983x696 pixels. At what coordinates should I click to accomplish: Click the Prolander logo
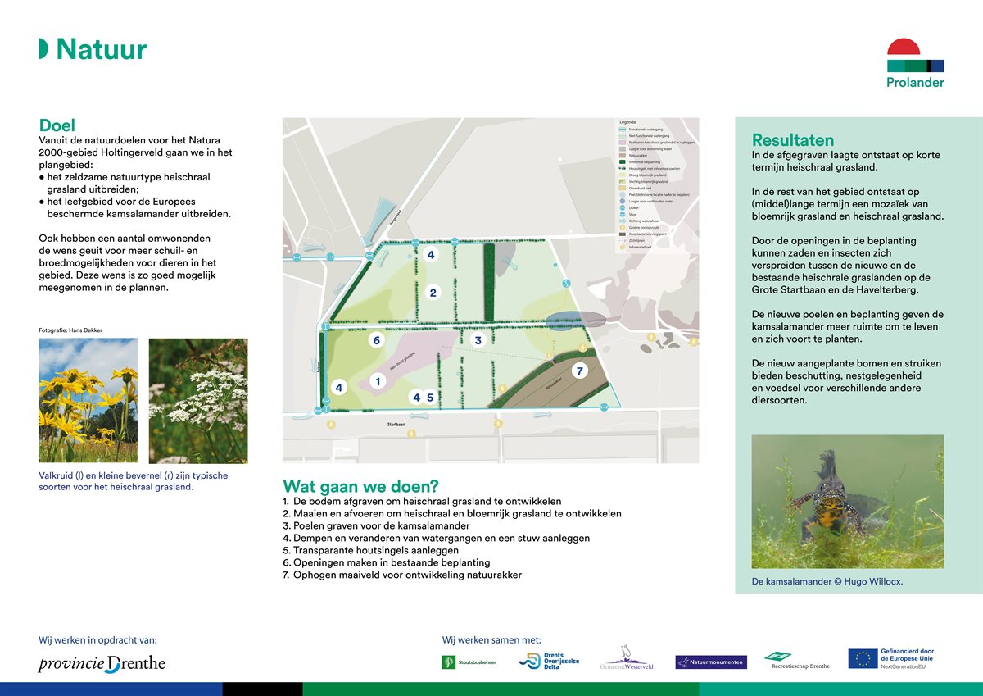click(x=915, y=63)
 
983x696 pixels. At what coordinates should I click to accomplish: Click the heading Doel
click(x=57, y=125)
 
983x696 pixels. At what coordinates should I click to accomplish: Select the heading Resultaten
click(x=793, y=140)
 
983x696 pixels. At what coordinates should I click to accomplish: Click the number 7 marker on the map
click(x=579, y=371)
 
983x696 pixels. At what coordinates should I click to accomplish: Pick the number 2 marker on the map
click(x=433, y=293)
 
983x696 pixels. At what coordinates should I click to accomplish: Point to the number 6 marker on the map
click(x=376, y=340)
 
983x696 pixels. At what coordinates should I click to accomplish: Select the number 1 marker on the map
click(x=378, y=381)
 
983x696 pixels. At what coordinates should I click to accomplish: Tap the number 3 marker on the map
click(x=478, y=340)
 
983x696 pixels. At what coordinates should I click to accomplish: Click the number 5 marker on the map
click(x=430, y=398)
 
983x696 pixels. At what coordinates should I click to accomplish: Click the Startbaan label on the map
click(x=397, y=425)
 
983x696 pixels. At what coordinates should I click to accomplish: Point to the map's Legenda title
click(x=627, y=121)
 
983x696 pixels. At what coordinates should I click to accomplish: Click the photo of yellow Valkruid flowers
click(x=88, y=401)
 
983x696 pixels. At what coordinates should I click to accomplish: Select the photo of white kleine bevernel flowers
click(x=197, y=401)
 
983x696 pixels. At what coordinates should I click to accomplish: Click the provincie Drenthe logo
click(x=102, y=663)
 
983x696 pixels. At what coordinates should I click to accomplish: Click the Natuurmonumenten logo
click(x=710, y=662)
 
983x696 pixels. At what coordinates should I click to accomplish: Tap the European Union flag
click(x=862, y=658)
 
